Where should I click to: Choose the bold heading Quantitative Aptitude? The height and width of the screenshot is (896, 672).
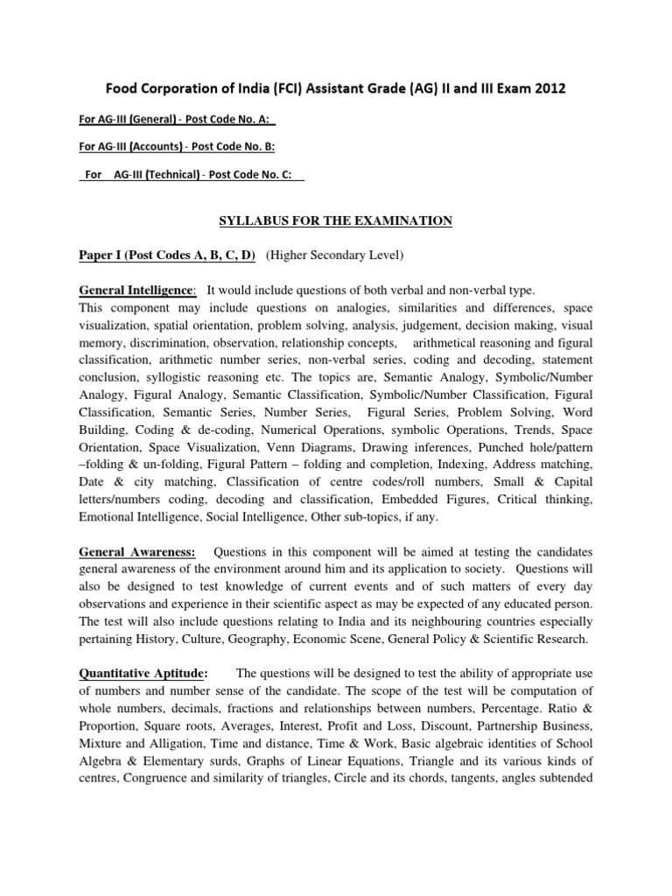[143, 673]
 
